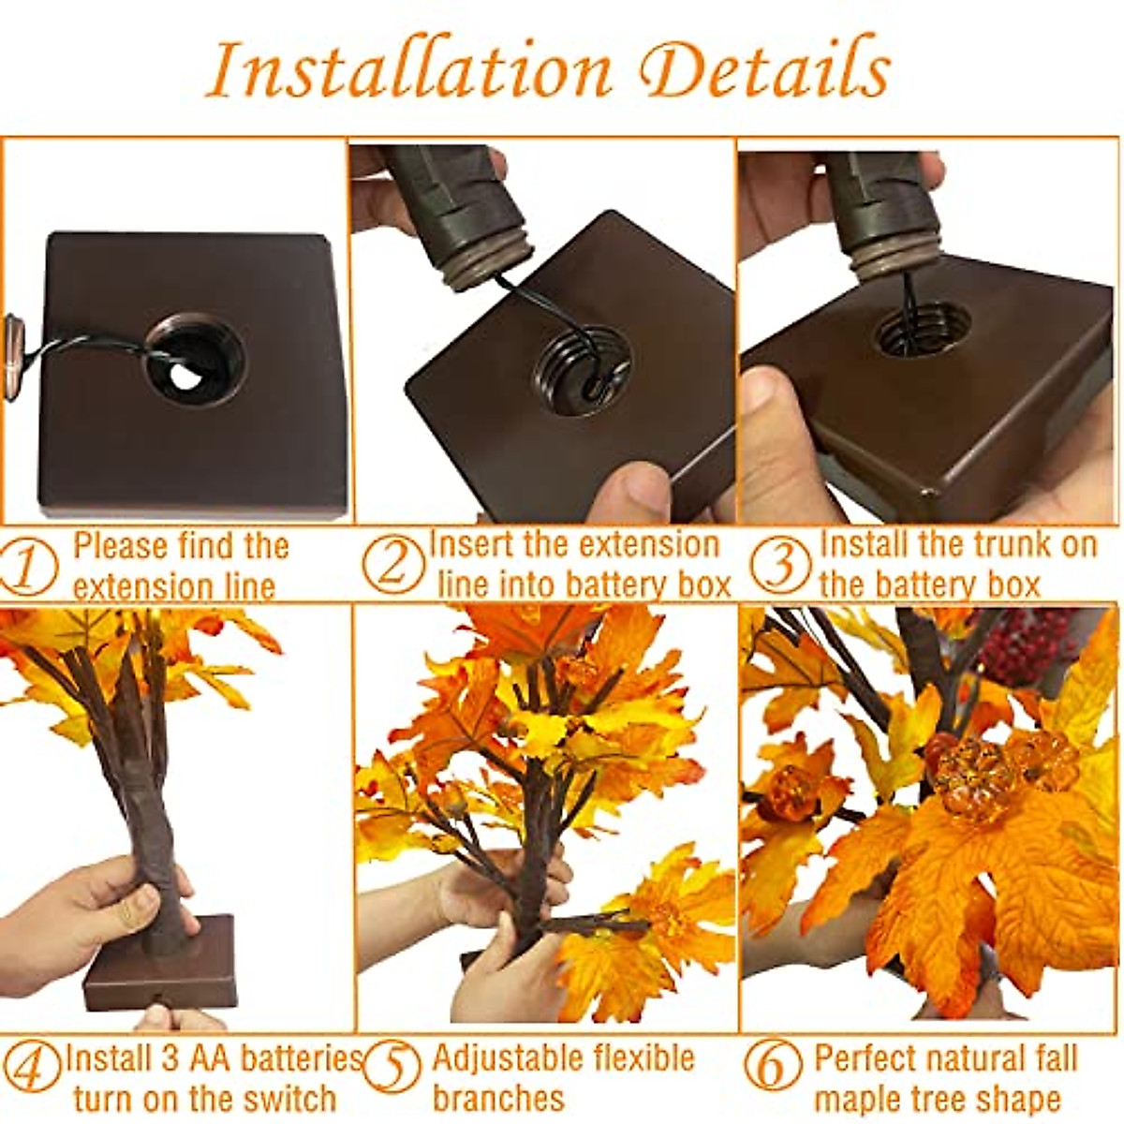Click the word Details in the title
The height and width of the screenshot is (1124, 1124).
(768, 70)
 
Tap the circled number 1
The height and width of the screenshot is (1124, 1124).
(28, 568)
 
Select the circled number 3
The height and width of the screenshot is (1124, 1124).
(779, 566)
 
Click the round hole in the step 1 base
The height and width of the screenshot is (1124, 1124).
(195, 361)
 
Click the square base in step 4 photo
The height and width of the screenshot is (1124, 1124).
(159, 965)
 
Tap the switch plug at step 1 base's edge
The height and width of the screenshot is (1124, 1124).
(13, 337)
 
